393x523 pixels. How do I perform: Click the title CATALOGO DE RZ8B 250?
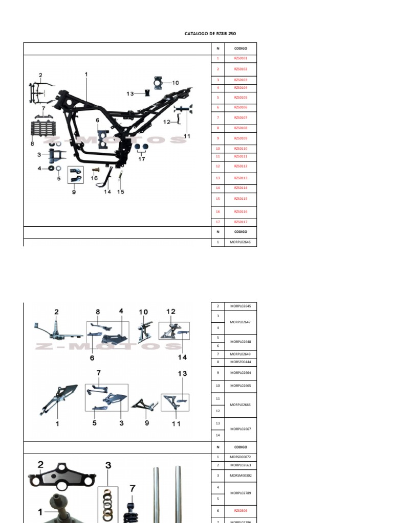(210, 34)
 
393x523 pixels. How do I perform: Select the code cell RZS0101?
(241, 59)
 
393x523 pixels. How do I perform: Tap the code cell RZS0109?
(241, 138)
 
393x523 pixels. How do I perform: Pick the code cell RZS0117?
(241, 222)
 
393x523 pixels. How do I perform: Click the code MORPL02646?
(241, 242)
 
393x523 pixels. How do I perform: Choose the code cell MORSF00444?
(241, 362)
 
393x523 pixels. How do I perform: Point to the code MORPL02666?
(241, 405)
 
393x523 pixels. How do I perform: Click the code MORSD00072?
(241, 457)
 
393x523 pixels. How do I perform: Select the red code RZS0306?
(241, 511)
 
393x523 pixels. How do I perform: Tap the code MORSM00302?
(241, 476)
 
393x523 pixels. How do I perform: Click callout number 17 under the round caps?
(142, 159)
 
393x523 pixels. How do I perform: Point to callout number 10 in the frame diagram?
(176, 82)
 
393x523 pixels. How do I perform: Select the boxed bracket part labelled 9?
(75, 177)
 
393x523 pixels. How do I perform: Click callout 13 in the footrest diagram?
(183, 373)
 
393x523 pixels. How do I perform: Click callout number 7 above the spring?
(133, 489)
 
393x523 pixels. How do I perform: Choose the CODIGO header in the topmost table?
(241, 49)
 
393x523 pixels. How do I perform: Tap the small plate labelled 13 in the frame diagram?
(147, 93)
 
